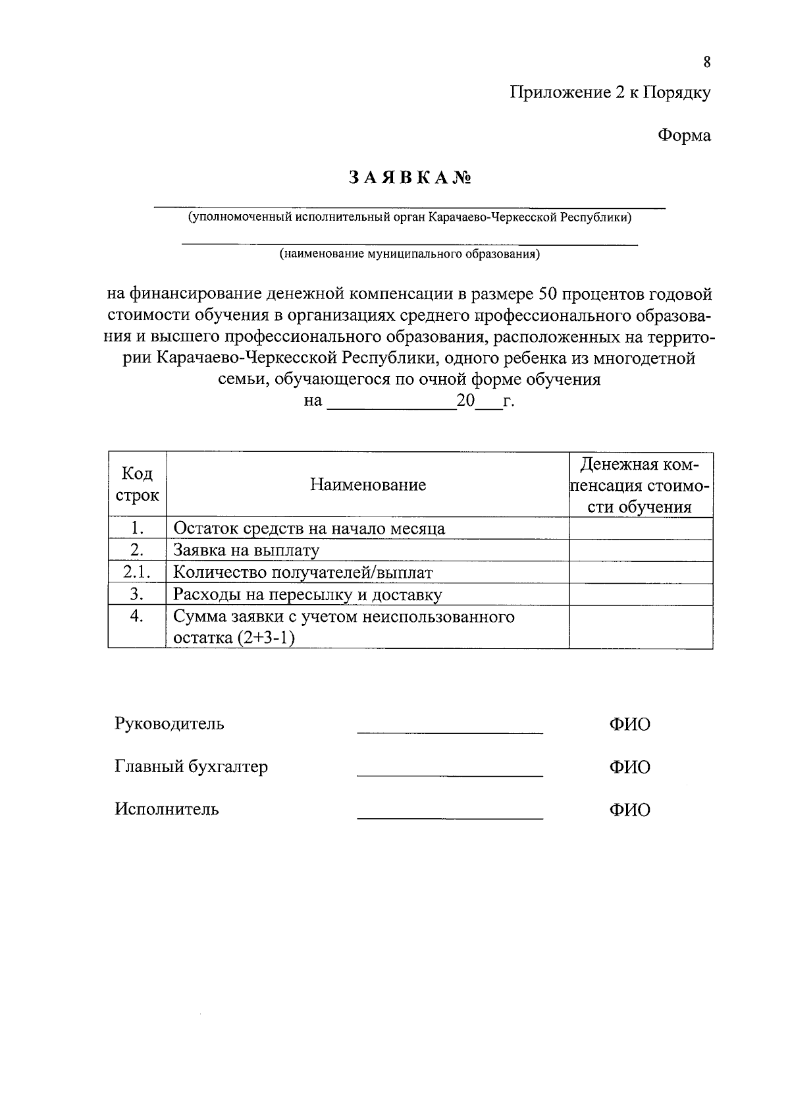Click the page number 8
tap(706, 63)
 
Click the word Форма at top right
tap(684, 136)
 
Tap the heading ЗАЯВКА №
tap(410, 179)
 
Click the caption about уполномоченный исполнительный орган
tap(409, 218)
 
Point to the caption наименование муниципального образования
tap(409, 254)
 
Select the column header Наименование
tap(368, 485)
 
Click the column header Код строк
tap(137, 484)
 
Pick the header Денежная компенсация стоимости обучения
tap(641, 485)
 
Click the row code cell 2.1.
tap(137, 573)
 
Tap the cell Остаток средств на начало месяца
tap(309, 528)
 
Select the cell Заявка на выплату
tap(246, 550)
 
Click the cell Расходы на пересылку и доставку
tap(307, 595)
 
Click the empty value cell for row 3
tap(641, 595)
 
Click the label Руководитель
tap(169, 723)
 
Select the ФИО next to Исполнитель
tap(629, 810)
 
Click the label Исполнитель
tap(167, 809)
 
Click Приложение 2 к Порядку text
tap(610, 93)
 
